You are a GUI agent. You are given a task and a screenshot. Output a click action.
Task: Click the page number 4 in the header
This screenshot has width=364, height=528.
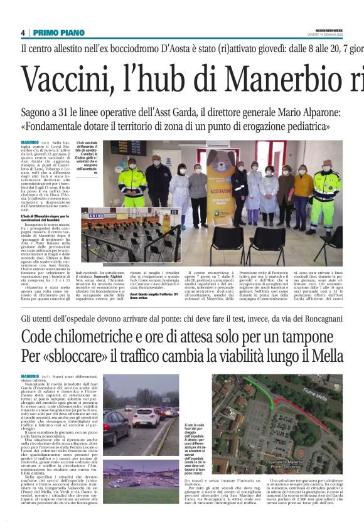(x=23, y=33)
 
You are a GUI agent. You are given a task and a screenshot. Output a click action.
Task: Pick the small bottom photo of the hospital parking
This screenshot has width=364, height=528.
(x=141, y=474)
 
